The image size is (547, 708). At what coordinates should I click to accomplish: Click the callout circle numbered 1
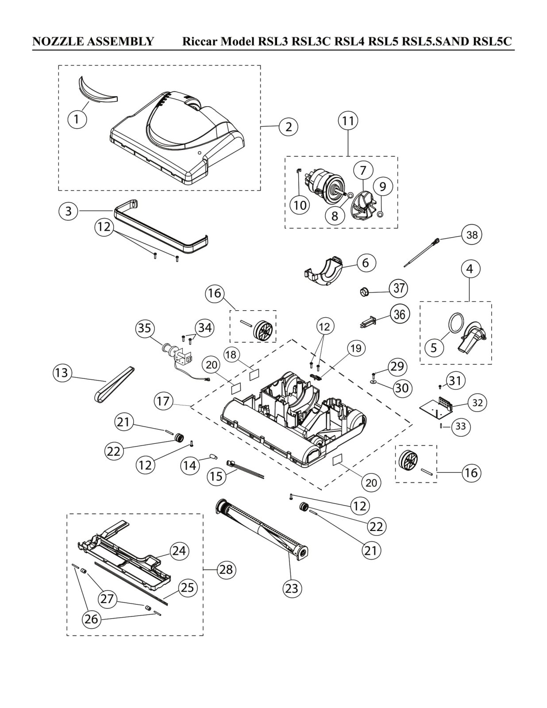(77, 119)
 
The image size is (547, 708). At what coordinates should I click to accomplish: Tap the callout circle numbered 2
(289, 127)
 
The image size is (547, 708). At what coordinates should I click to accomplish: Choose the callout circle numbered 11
(348, 121)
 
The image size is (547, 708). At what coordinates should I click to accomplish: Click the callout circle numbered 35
(145, 328)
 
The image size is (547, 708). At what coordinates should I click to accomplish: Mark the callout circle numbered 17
(163, 401)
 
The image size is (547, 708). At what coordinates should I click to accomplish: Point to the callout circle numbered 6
(366, 262)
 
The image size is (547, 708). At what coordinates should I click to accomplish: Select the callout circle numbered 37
(399, 288)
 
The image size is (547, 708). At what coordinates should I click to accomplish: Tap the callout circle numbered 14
(189, 466)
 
